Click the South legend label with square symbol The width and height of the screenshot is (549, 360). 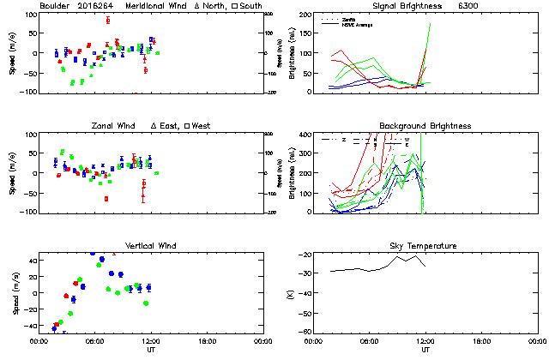click(x=248, y=6)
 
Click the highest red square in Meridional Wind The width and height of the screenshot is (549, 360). click(x=107, y=20)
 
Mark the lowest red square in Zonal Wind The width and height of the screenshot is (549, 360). click(x=106, y=199)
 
